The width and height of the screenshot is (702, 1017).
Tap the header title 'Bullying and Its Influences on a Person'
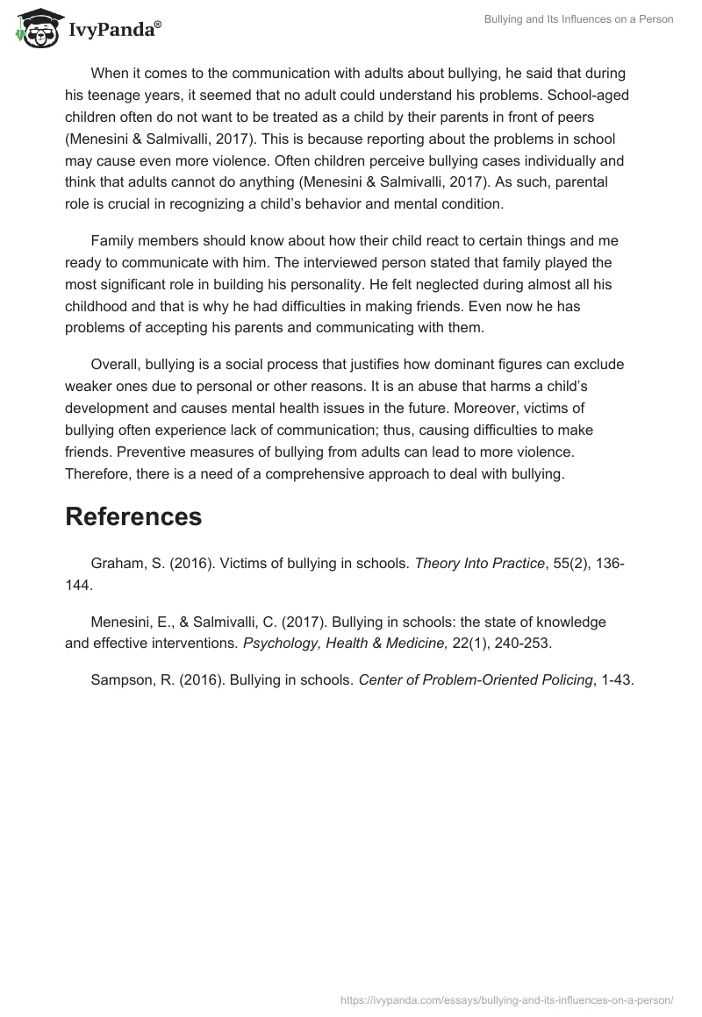coord(578,19)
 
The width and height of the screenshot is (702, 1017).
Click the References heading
coord(133,516)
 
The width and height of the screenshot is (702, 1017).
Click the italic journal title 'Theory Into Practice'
coord(479,564)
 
